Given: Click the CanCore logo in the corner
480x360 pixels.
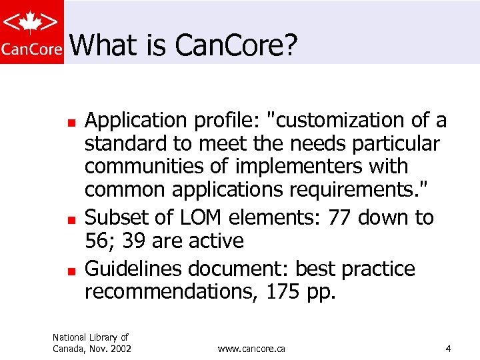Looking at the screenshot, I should [32, 32].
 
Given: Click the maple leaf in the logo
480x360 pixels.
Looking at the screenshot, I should [32, 23].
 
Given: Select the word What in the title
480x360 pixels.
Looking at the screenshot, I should [97, 45].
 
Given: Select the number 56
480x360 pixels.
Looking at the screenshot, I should [98, 241].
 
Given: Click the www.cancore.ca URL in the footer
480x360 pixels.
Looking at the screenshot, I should [251, 349].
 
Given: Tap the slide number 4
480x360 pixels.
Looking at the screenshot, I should [449, 349].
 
